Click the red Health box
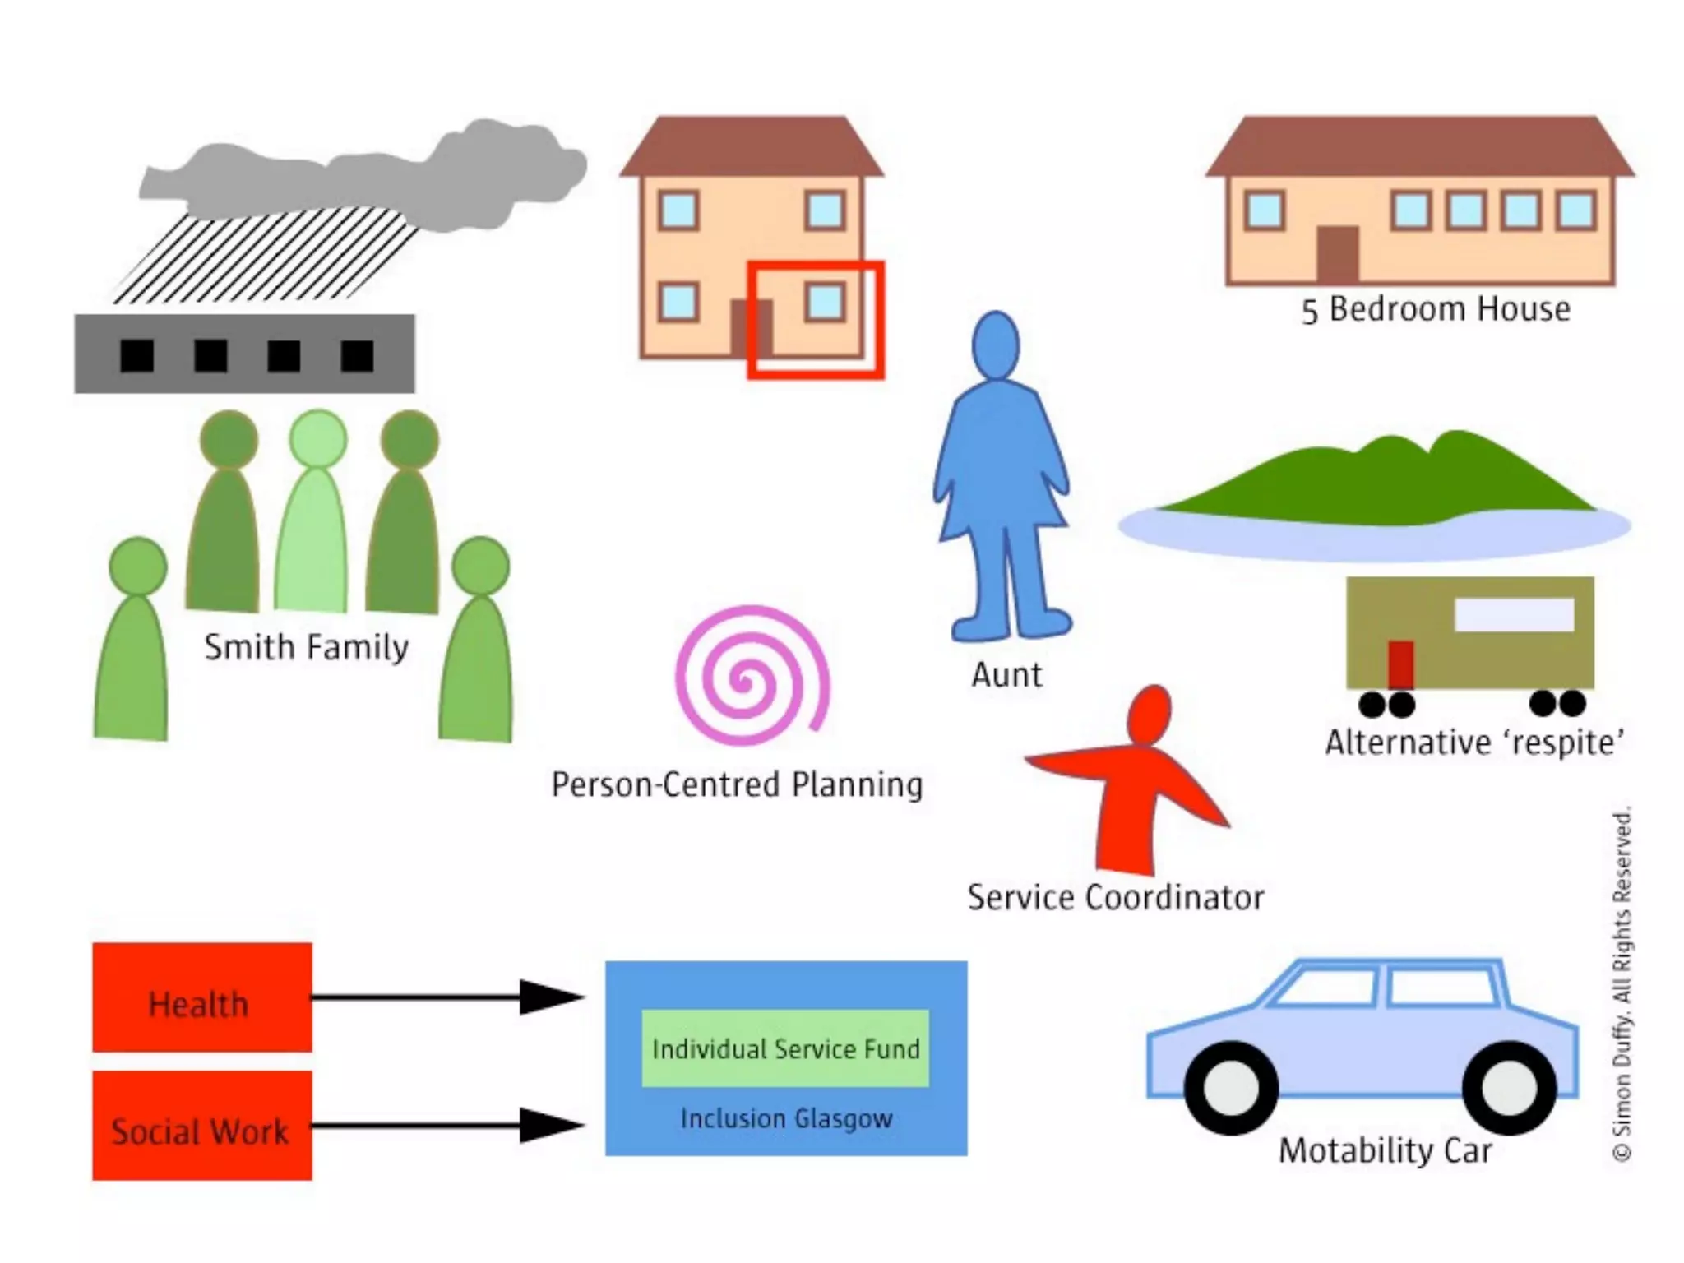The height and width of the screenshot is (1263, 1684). [201, 997]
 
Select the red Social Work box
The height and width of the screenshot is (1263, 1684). [201, 1125]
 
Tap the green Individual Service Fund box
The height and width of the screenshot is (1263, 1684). [785, 1048]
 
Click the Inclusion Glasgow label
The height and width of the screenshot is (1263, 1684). [786, 1118]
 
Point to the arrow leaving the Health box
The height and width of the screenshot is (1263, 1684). [444, 997]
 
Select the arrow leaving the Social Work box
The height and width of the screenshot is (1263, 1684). [444, 1125]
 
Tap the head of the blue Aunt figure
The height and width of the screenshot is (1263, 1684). [995, 345]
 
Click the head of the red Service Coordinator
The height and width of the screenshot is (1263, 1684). [1149, 714]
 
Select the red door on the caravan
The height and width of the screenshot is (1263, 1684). [1400, 664]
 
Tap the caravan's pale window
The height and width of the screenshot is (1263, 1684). [1514, 614]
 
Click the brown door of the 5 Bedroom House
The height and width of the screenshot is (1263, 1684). [1338, 254]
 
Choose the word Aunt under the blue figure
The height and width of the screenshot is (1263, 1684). [1006, 674]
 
